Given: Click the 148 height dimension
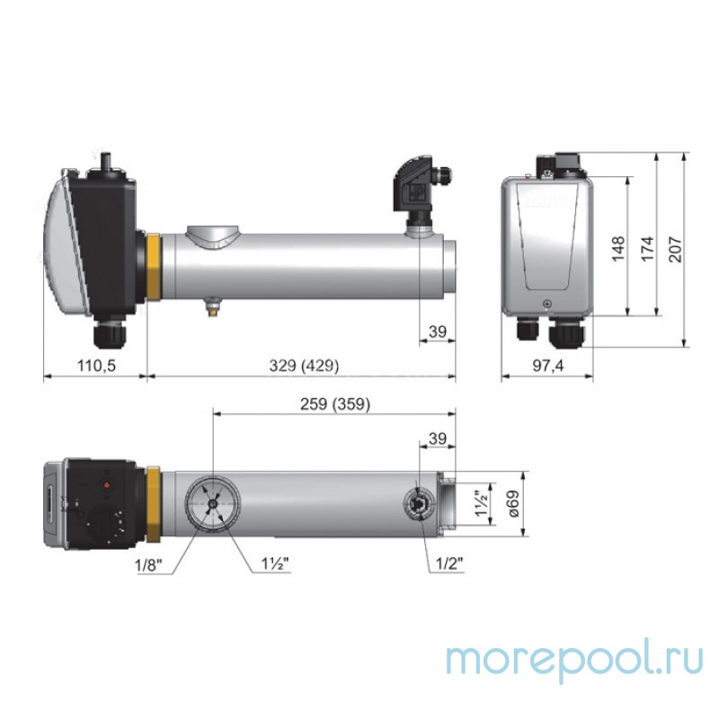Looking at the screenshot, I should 617,248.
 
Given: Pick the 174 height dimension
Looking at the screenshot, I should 647,248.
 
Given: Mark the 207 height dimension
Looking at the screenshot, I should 677,248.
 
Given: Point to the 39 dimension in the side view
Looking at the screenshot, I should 438,332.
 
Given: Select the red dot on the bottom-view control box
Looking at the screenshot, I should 109,484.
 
